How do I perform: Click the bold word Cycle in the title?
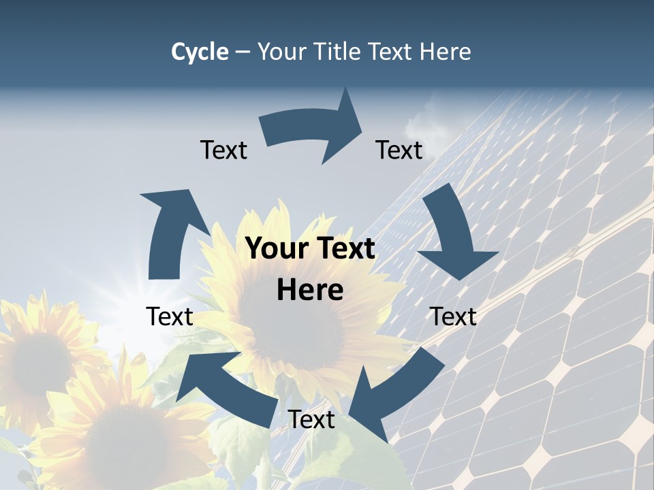point(200,52)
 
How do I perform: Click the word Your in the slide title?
point(281,52)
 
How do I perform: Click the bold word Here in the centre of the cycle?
point(310,291)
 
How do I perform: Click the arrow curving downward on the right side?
point(453,238)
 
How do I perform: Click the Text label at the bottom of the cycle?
point(311,420)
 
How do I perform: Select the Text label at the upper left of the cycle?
point(223,150)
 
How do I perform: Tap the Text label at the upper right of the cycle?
point(399,150)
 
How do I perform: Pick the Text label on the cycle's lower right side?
point(453,316)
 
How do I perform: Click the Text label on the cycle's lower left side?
point(170,316)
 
